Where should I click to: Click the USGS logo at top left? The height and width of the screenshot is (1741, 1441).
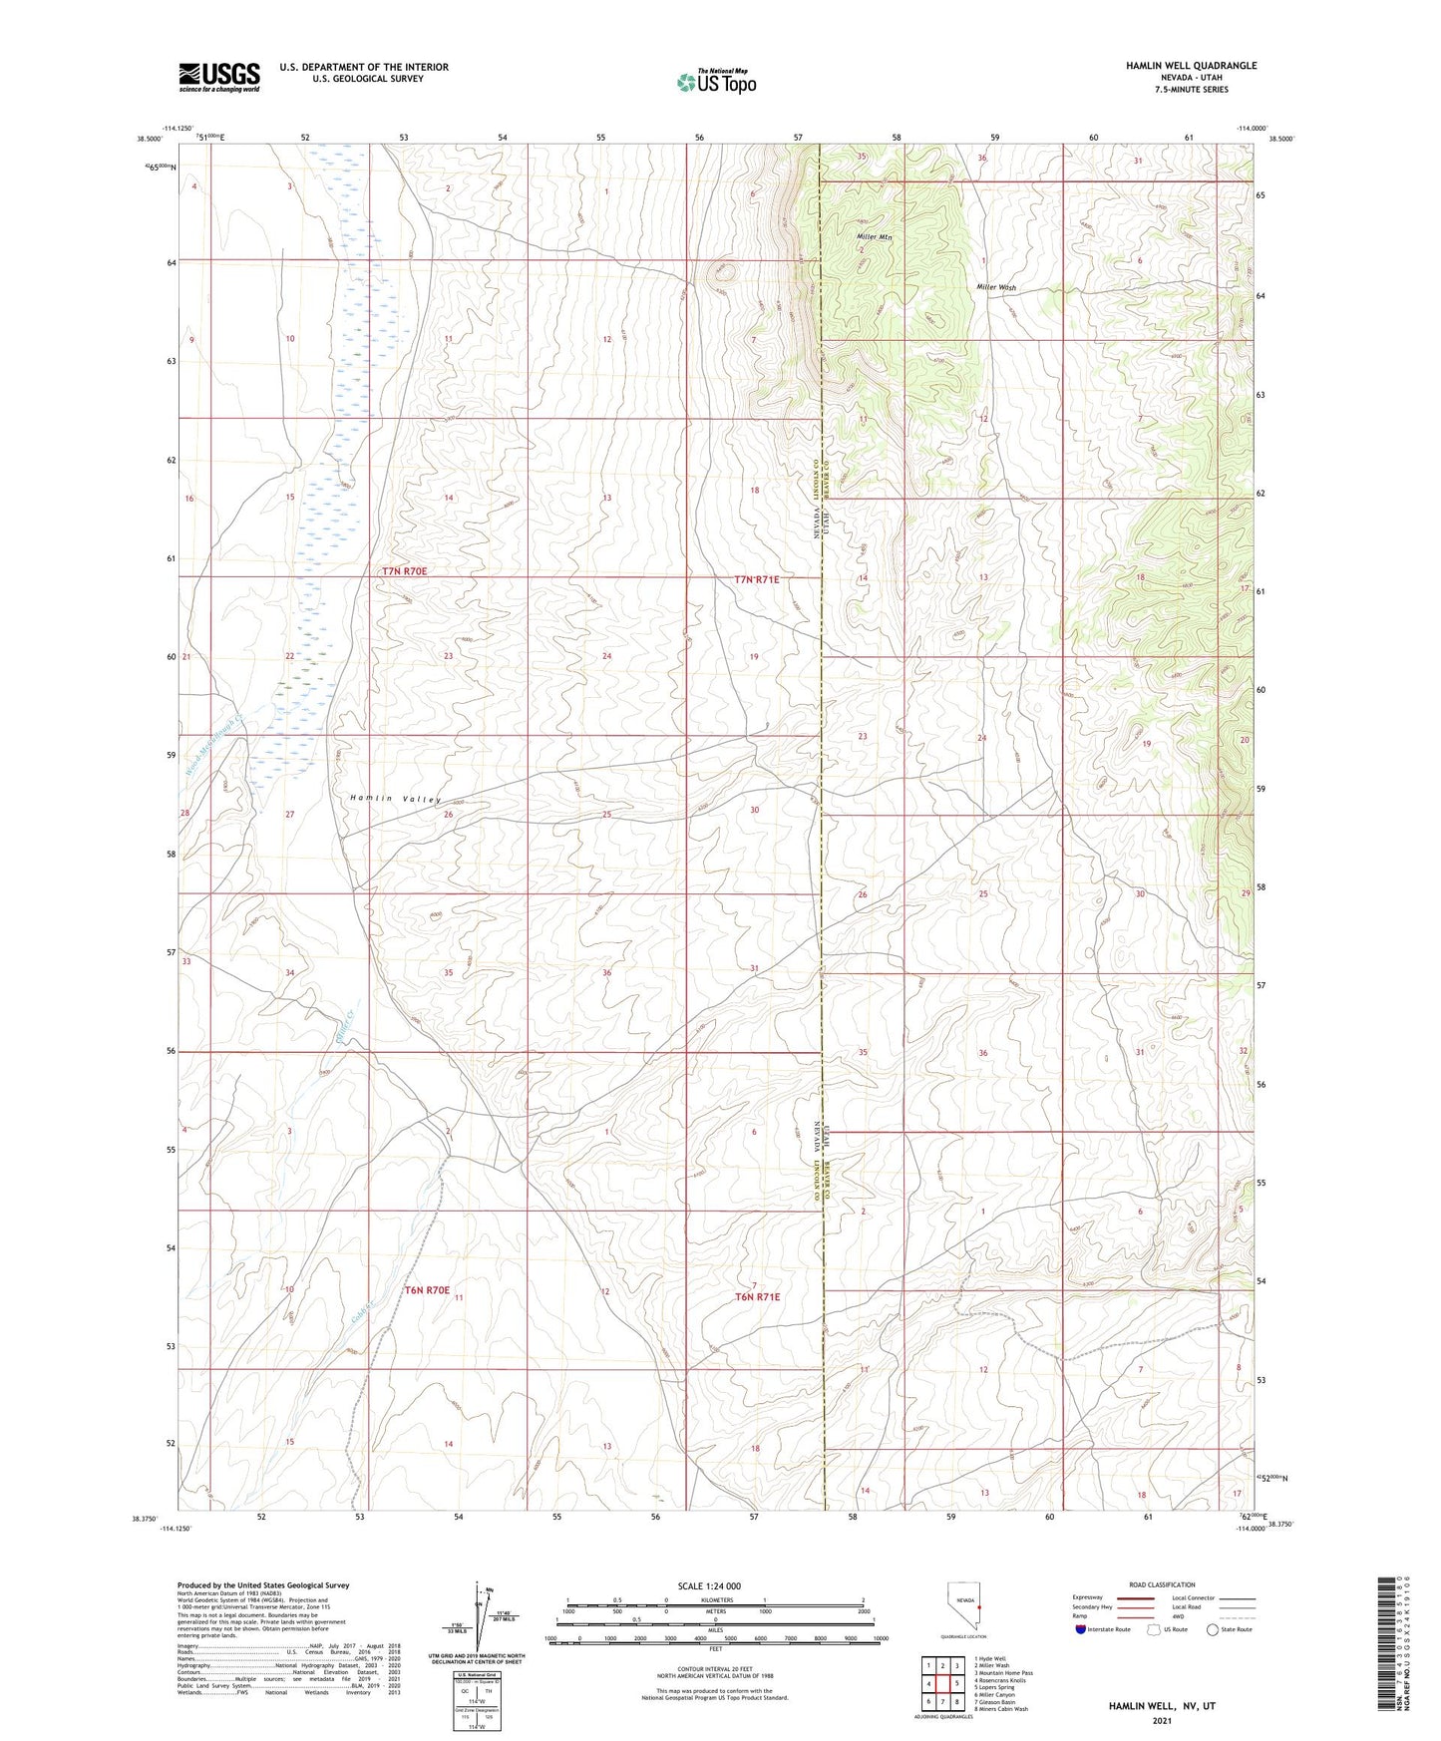[219, 76]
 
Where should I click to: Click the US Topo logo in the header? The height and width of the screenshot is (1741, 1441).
[715, 82]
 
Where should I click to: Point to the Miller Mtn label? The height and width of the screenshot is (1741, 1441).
[875, 237]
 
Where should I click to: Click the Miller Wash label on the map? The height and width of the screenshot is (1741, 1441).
[995, 287]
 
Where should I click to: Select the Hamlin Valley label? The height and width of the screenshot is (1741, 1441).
[395, 799]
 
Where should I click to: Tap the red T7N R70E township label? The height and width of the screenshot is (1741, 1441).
[404, 571]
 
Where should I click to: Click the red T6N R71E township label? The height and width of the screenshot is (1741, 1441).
[757, 1297]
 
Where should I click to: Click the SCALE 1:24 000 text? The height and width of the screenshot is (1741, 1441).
[708, 1585]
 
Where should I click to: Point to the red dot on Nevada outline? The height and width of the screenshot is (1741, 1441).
[979, 1607]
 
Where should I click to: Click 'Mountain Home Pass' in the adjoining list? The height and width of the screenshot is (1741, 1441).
[1005, 1673]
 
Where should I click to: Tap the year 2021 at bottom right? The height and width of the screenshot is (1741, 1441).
[1162, 1721]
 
